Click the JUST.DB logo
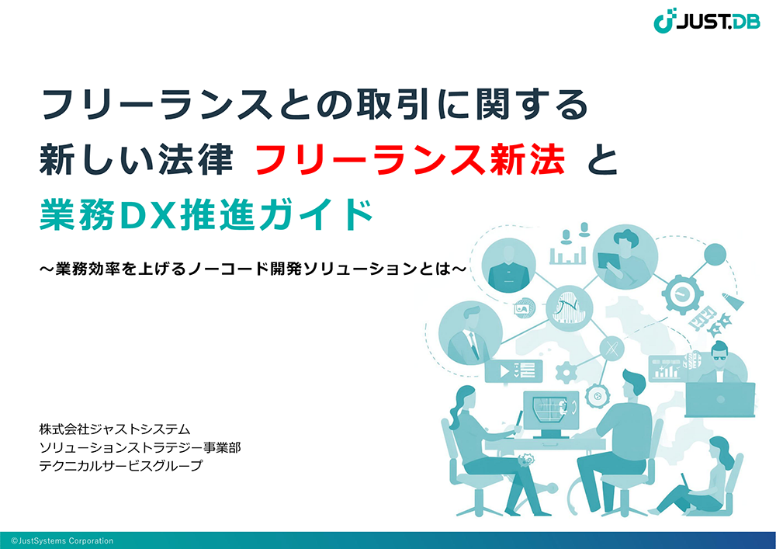(707, 20)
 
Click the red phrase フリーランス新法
(411, 159)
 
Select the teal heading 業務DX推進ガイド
(206, 214)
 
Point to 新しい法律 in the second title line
(136, 159)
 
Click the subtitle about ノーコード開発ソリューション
(253, 269)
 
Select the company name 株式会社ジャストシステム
(115, 429)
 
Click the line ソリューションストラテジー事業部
(140, 447)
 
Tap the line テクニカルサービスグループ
(121, 466)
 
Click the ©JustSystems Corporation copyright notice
(62, 540)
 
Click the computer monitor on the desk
(551, 413)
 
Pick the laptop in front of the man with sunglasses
(720, 399)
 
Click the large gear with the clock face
(682, 293)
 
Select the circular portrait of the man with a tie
(470, 332)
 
